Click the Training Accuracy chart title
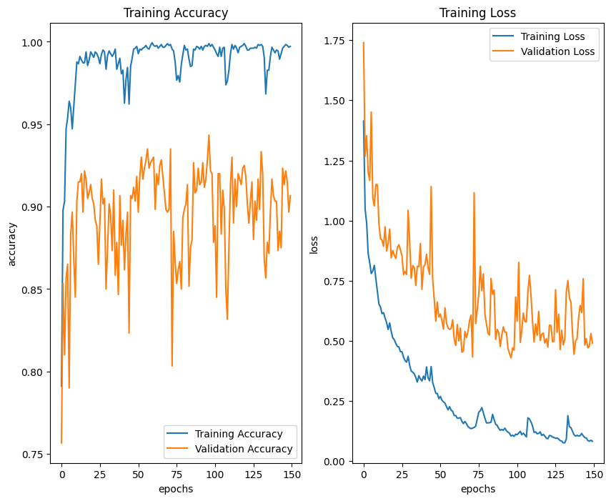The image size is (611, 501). click(x=176, y=13)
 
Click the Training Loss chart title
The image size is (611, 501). click(x=477, y=13)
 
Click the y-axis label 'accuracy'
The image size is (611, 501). click(x=11, y=244)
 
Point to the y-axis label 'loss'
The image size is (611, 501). click(x=314, y=244)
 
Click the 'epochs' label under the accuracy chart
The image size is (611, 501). click(x=176, y=490)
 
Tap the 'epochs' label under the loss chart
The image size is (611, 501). click(x=477, y=490)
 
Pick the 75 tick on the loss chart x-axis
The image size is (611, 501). click(x=479, y=474)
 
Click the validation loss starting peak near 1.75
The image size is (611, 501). click(x=364, y=42)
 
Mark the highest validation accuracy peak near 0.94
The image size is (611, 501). click(x=209, y=135)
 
